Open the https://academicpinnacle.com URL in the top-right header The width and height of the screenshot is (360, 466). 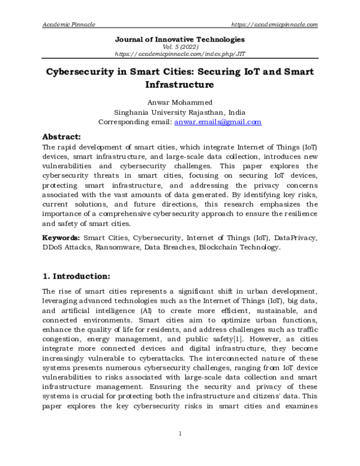point(274,24)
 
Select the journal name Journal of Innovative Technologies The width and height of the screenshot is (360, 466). point(180,39)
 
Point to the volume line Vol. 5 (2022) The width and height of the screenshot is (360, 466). point(180,46)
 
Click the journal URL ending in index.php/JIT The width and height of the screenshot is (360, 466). point(180,53)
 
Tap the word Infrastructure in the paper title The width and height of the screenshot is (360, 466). point(180,85)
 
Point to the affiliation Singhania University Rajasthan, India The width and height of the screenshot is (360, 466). point(180,112)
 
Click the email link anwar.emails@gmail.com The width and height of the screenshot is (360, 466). point(218,122)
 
